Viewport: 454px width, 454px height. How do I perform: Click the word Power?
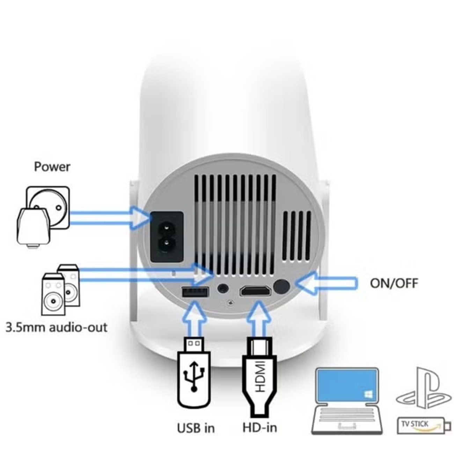click(52, 167)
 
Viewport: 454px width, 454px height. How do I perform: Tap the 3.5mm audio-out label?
click(57, 328)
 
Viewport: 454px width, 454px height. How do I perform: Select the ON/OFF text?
click(394, 283)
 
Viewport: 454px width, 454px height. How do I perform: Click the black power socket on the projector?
click(167, 237)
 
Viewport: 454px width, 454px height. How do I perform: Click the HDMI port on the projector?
click(256, 292)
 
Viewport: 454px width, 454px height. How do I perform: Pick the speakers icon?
click(61, 290)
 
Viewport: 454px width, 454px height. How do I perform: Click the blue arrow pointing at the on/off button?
click(327, 283)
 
